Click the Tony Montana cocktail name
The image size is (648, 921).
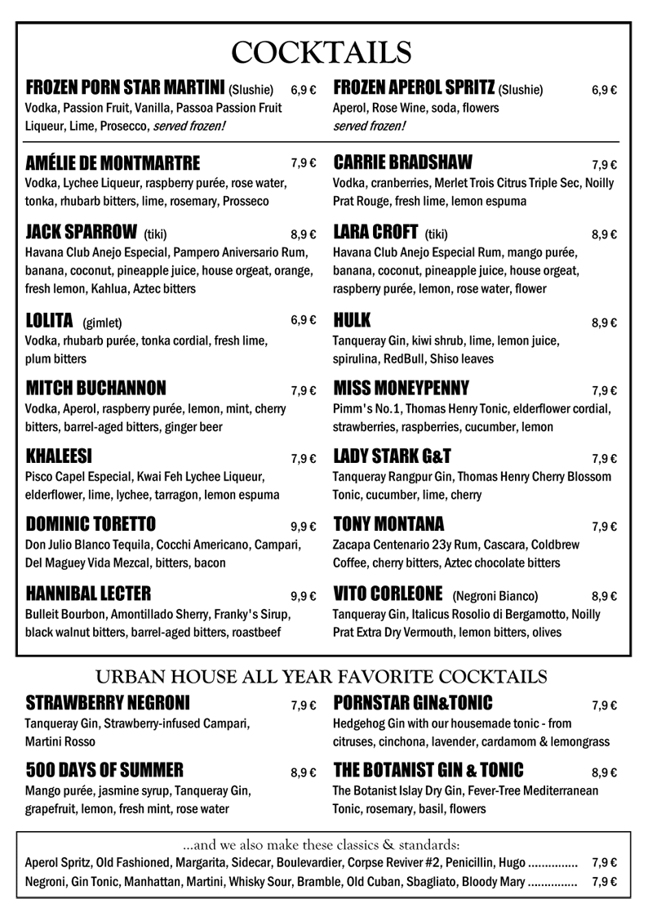point(389,523)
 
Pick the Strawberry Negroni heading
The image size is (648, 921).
point(108,702)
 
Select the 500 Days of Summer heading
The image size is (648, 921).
point(104,769)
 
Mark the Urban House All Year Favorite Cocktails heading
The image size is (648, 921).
point(322,676)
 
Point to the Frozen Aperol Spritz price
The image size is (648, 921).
point(604,91)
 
